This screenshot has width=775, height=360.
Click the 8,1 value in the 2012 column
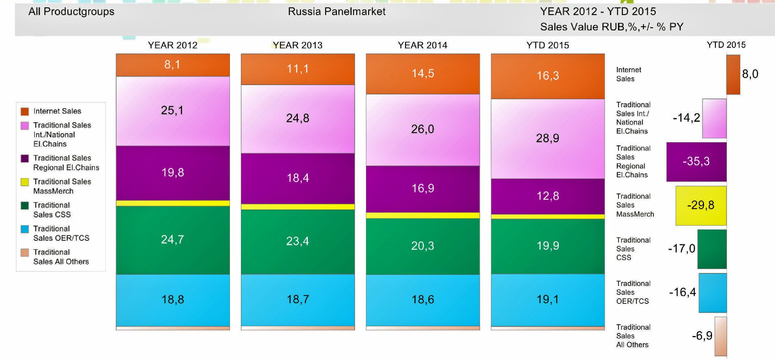[x=172, y=64]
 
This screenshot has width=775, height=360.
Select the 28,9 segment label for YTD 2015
[x=547, y=138]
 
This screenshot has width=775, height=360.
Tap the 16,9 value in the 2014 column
[x=423, y=189]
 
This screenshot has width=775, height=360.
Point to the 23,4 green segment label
[x=298, y=241]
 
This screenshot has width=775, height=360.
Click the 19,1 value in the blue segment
[x=547, y=300]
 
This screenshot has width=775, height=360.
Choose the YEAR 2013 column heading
[x=298, y=45]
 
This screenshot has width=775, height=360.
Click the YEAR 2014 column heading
[x=422, y=45]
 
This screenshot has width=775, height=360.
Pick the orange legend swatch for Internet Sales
[x=25, y=111]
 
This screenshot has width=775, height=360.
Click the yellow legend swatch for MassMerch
[x=25, y=182]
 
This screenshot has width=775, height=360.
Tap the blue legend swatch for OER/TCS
[x=25, y=229]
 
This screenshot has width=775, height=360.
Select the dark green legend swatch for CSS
[x=25, y=206]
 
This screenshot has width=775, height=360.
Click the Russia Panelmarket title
[x=337, y=12]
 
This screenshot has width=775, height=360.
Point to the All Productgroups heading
[x=71, y=12]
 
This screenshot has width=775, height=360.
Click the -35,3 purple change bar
[x=696, y=162]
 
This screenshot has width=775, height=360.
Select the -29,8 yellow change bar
[x=701, y=206]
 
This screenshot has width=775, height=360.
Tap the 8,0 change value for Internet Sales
[x=750, y=74]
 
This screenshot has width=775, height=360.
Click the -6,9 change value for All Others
[x=702, y=336]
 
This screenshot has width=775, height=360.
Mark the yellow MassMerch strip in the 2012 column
[x=173, y=203]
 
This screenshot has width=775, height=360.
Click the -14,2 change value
[x=686, y=118]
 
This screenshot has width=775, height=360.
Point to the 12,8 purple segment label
[x=547, y=196]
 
